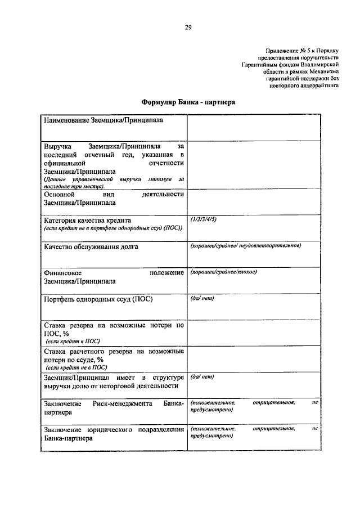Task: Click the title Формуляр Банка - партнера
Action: coord(187,103)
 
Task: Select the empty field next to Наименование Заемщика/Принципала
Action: coord(254,128)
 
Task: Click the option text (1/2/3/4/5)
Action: coord(203,219)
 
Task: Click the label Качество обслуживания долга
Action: coord(91,246)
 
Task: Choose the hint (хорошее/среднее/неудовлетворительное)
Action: coord(246,246)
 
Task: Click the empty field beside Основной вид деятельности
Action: coord(254,201)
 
